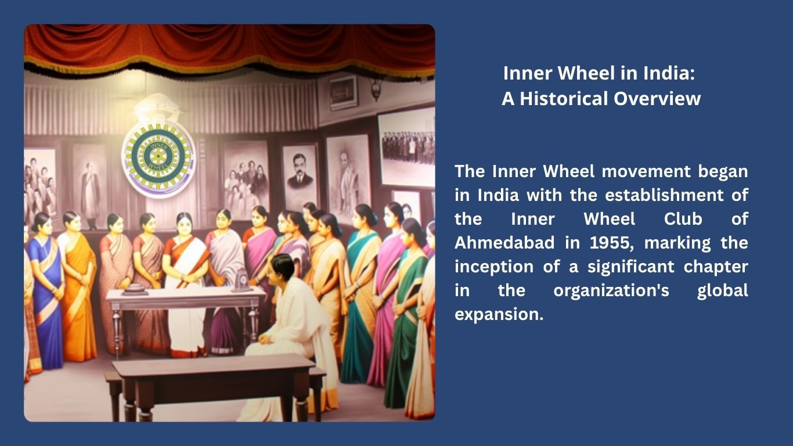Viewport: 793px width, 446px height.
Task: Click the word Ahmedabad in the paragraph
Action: click(504, 243)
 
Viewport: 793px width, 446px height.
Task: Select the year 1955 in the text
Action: click(610, 243)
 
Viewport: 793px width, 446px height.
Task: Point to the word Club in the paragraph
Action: click(683, 219)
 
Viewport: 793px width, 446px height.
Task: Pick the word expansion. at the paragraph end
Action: click(499, 315)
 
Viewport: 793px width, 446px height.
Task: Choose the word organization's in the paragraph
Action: click(611, 291)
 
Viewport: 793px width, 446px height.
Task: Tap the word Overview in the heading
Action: click(657, 99)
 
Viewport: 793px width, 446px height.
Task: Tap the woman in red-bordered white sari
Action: click(186, 283)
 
